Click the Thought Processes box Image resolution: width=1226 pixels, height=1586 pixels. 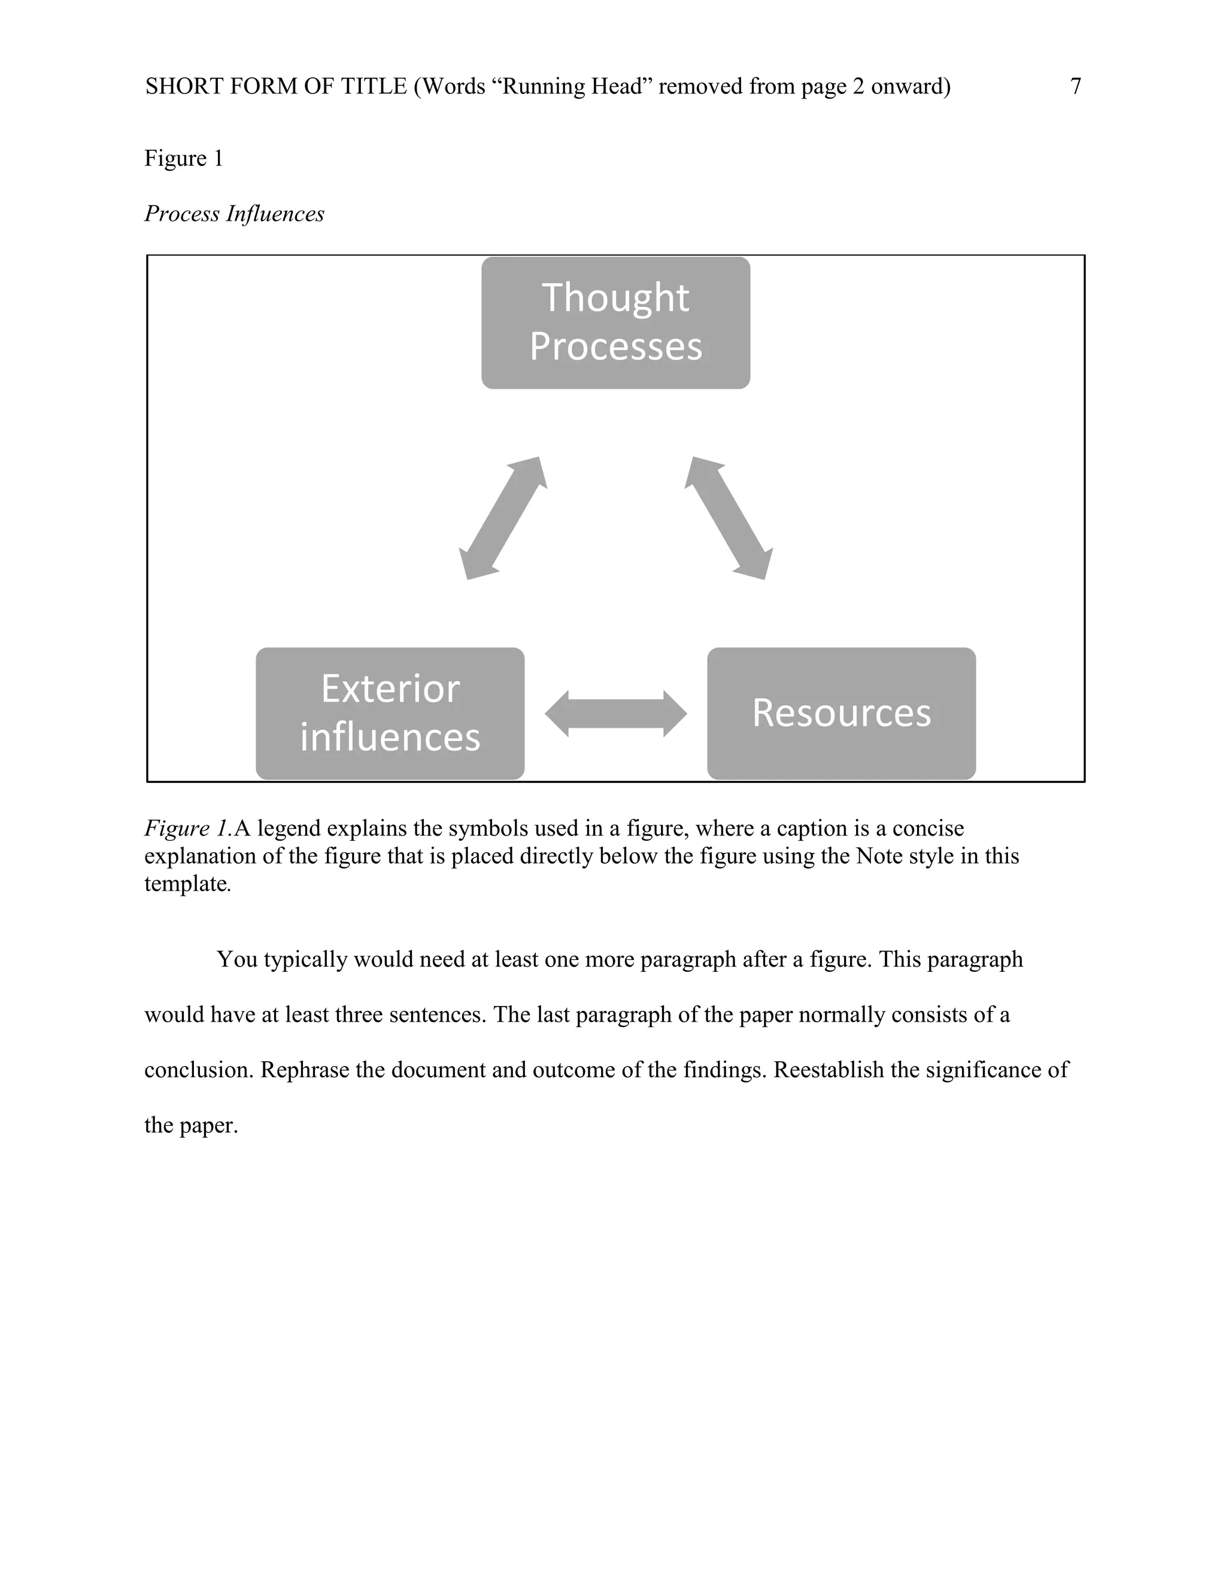(x=615, y=323)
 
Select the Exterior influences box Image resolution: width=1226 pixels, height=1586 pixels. (x=390, y=713)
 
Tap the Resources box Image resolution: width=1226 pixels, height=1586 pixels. (x=841, y=713)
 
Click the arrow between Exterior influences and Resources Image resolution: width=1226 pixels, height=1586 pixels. (x=615, y=714)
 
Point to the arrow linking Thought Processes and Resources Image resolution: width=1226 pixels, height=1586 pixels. (x=729, y=518)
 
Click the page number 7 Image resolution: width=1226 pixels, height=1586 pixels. (x=1076, y=86)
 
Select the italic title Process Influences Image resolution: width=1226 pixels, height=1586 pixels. (x=234, y=214)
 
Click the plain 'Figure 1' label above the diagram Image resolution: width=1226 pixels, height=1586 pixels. (x=184, y=159)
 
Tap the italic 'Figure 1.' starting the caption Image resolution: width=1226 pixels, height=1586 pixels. (x=188, y=828)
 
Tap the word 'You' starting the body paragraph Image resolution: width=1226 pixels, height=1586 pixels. (x=237, y=959)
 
